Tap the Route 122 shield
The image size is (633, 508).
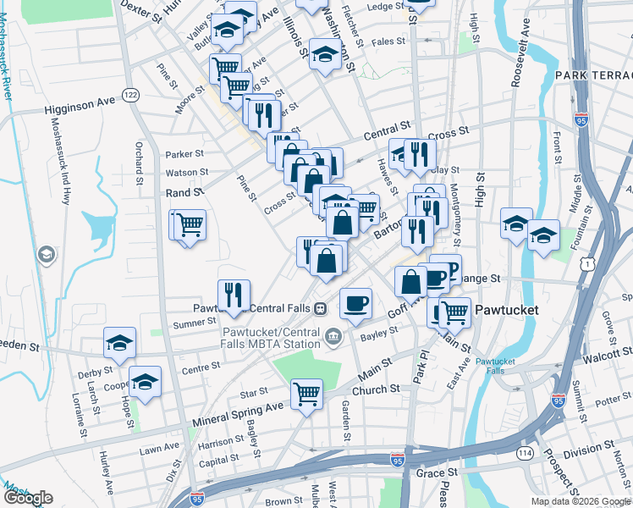(x=129, y=95)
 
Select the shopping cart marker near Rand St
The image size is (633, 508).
(x=191, y=224)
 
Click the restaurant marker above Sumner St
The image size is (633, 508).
(x=234, y=294)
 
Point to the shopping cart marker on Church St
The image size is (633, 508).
(x=305, y=393)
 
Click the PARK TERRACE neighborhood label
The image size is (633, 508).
(x=593, y=76)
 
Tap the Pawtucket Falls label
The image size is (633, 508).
(x=494, y=367)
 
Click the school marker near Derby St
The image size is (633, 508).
(x=119, y=342)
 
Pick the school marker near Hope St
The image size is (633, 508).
(x=146, y=380)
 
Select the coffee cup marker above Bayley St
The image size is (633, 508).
(x=355, y=302)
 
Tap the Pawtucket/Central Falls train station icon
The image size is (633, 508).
(x=321, y=307)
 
